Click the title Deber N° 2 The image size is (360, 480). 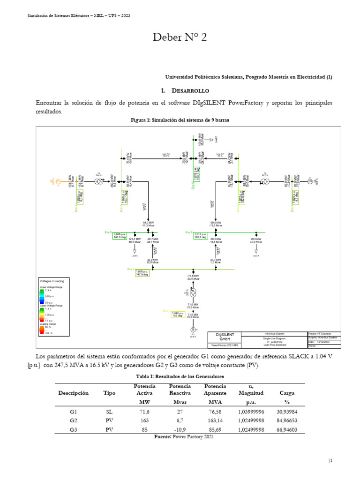point(180,38)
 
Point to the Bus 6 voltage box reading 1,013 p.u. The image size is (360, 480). point(201,236)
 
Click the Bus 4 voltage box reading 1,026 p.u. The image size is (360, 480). point(142,273)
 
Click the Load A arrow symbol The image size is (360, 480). point(135,251)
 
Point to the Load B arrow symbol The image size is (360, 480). point(256,251)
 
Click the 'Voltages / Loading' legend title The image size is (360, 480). point(52,281)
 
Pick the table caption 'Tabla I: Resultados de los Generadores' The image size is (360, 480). point(180,376)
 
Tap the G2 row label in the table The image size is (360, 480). point(73,420)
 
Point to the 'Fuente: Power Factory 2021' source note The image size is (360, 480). point(184,437)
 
